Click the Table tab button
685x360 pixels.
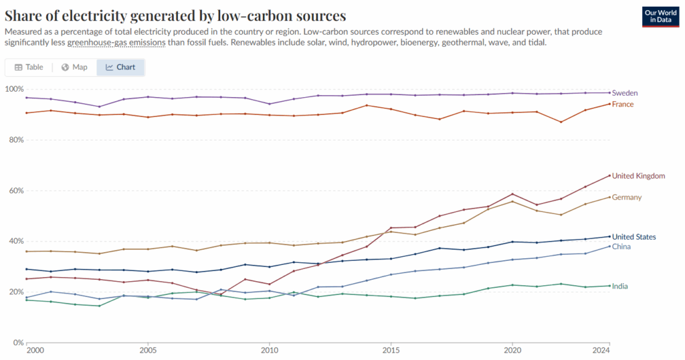29,67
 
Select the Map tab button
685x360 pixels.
74,67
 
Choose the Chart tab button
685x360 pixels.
120,67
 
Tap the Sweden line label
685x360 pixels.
624,93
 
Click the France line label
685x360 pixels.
623,104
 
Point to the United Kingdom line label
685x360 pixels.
639,176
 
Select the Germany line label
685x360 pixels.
627,197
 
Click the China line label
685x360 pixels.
621,247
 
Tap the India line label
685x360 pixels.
620,286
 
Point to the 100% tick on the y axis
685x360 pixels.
14,89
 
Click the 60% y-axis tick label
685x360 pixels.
14,191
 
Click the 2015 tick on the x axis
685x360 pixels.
391,350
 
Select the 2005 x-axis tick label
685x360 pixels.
148,350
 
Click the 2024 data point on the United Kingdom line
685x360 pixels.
609,175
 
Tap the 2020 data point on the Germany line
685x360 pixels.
512,201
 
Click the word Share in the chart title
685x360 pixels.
25,15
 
